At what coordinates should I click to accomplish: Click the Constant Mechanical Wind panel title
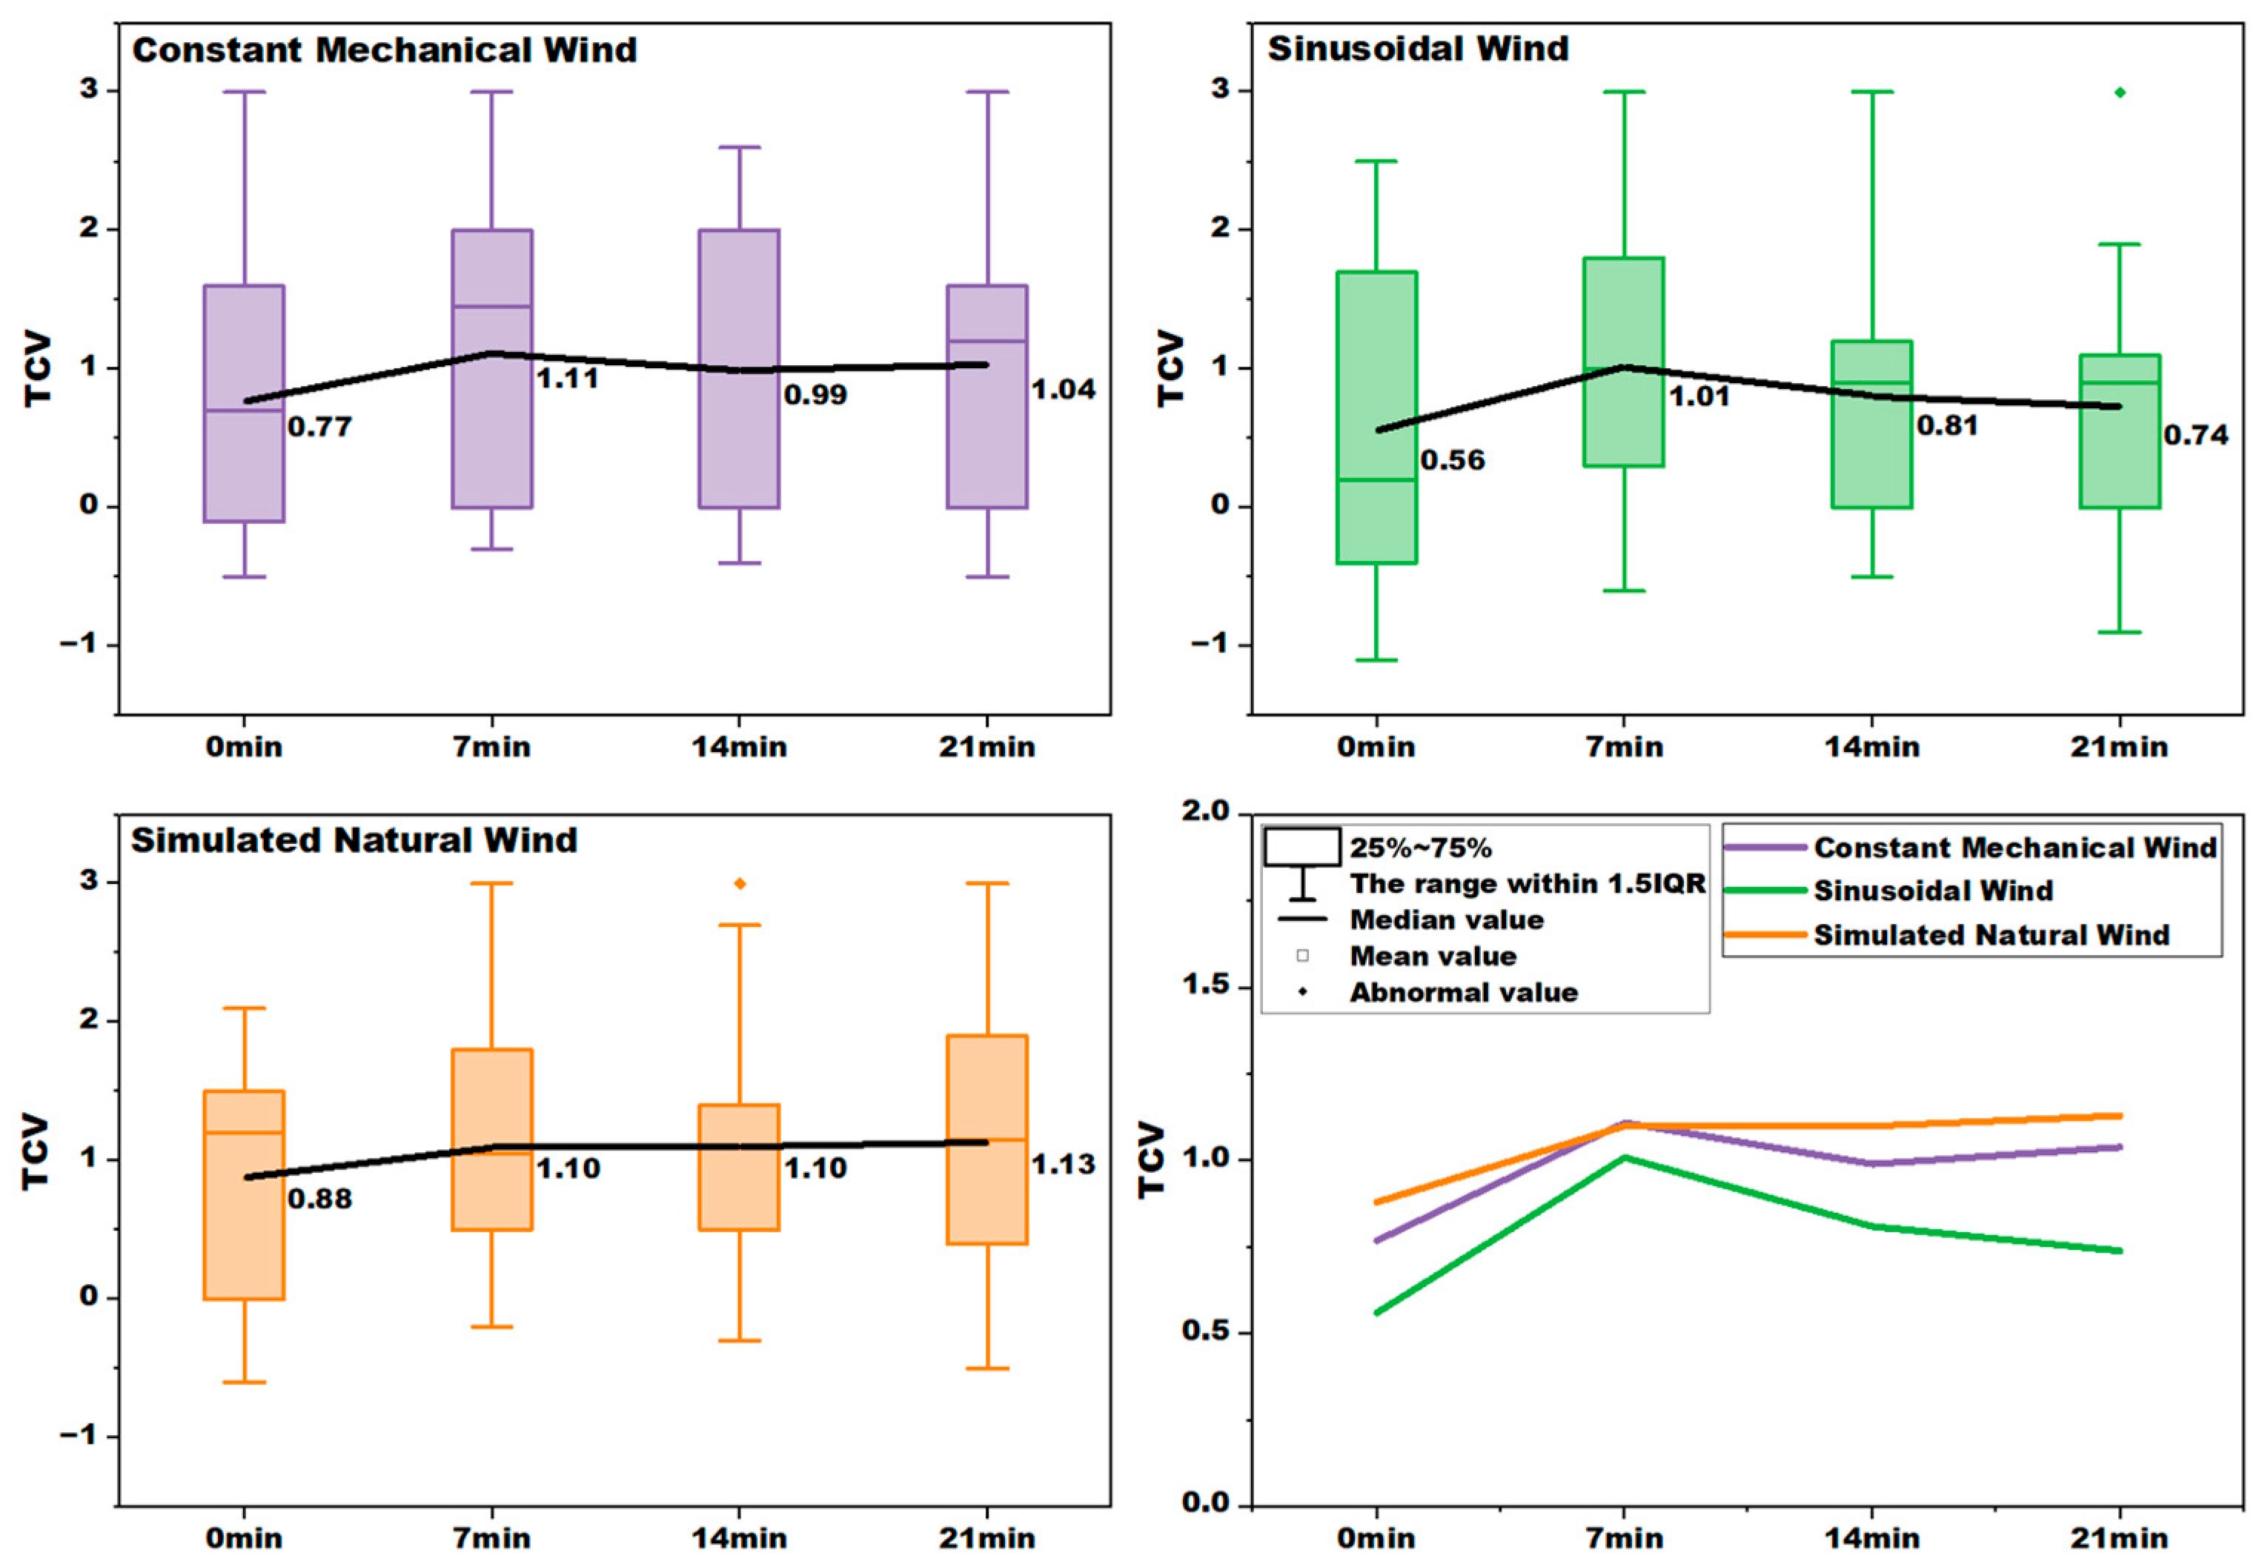pyautogui.click(x=384, y=50)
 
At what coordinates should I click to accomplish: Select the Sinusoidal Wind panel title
pyautogui.click(x=1417, y=48)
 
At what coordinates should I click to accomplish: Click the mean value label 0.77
pyautogui.click(x=319, y=427)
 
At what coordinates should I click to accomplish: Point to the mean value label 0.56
pyautogui.click(x=1452, y=461)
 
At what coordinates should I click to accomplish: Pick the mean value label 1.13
pyautogui.click(x=1063, y=1165)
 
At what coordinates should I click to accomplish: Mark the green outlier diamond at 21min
pyautogui.click(x=2120, y=93)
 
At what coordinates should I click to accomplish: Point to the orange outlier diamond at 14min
pyautogui.click(x=740, y=884)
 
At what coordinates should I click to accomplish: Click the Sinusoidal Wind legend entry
pyautogui.click(x=1932, y=891)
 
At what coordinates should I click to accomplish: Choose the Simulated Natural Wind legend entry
pyautogui.click(x=1991, y=935)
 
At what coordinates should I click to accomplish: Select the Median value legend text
pyautogui.click(x=1446, y=920)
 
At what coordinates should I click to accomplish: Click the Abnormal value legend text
pyautogui.click(x=1462, y=993)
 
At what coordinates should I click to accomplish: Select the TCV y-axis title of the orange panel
pyautogui.click(x=36, y=1151)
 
